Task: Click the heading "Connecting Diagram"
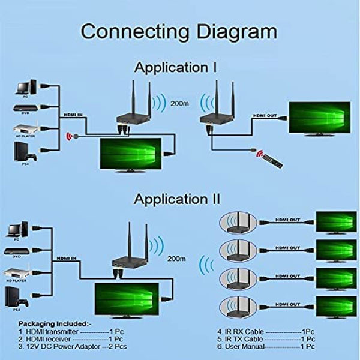click(179, 31)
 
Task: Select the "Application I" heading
click(175, 67)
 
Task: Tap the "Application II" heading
click(177, 198)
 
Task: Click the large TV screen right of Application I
click(319, 118)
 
